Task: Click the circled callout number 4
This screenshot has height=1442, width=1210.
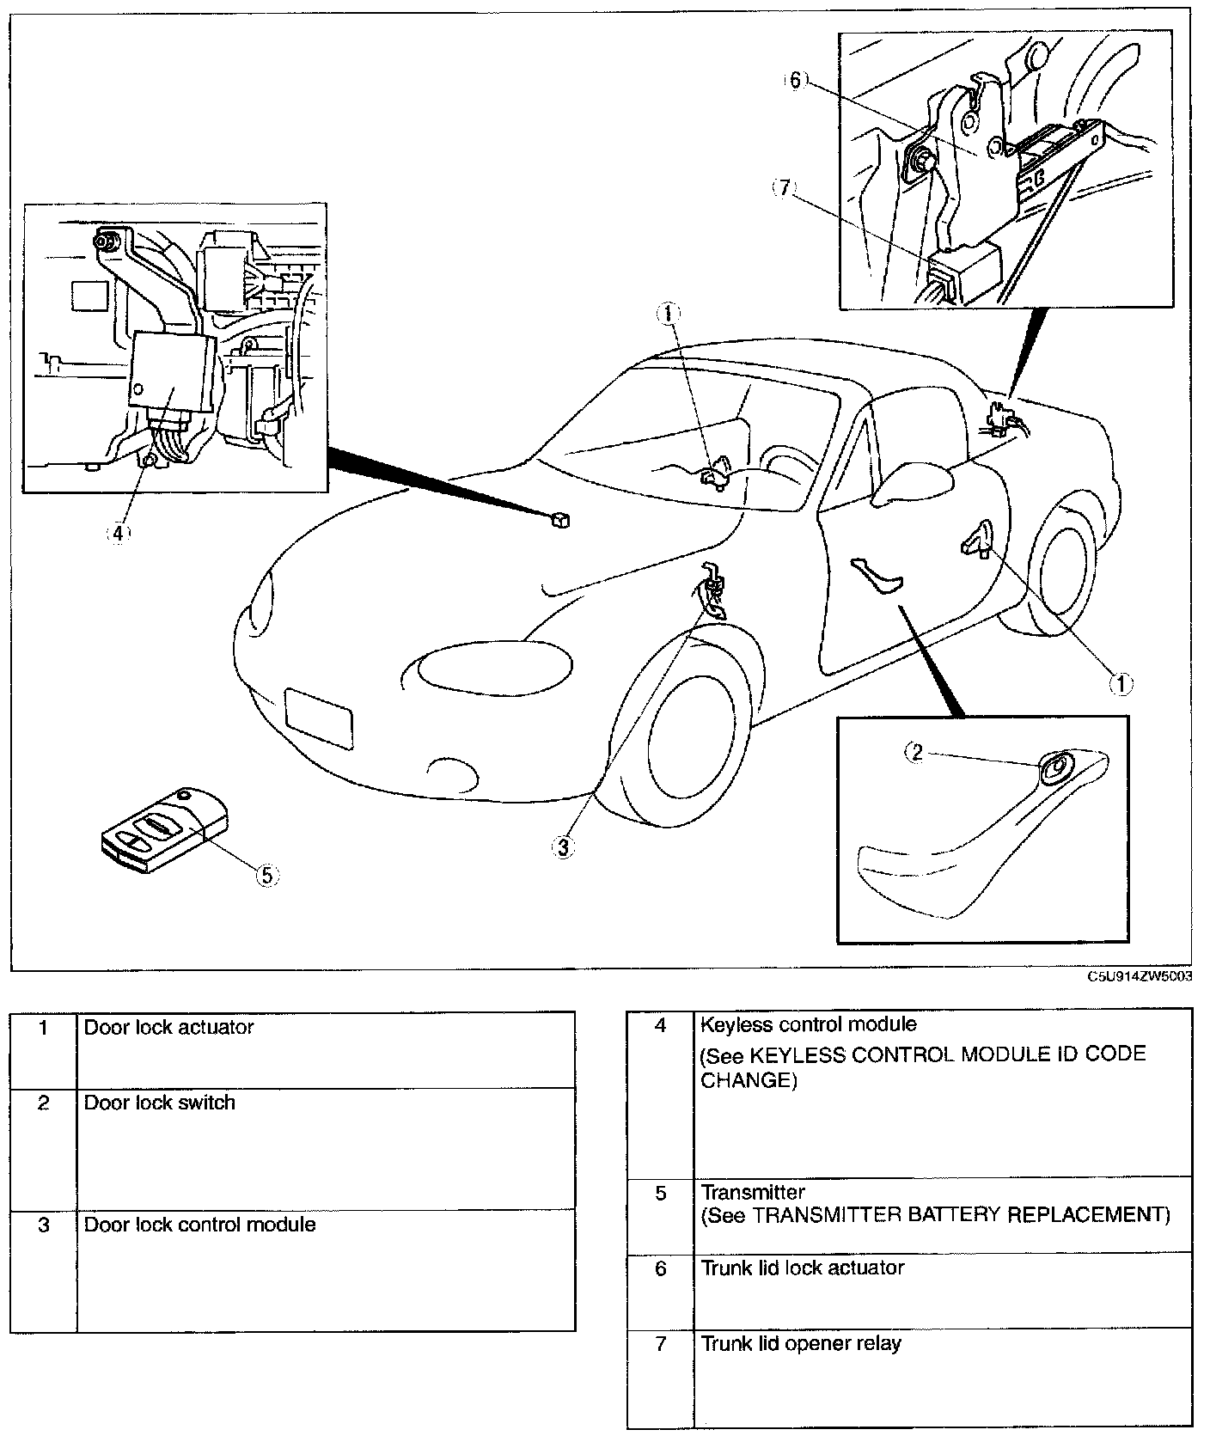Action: [x=118, y=533]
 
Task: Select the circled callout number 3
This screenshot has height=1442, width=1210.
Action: [x=563, y=847]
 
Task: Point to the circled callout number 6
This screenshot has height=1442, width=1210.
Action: [x=795, y=81]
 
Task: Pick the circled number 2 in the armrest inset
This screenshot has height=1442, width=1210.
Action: [x=917, y=753]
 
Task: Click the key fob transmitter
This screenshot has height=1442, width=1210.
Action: [x=163, y=830]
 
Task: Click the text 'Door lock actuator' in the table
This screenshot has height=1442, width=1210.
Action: [x=168, y=1027]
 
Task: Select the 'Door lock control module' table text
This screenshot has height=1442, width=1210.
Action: [x=199, y=1224]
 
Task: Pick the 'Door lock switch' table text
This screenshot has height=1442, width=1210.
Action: [x=159, y=1103]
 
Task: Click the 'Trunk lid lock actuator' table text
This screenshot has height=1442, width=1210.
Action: [x=803, y=1268]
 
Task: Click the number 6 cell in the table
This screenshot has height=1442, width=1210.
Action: [x=660, y=1268]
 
